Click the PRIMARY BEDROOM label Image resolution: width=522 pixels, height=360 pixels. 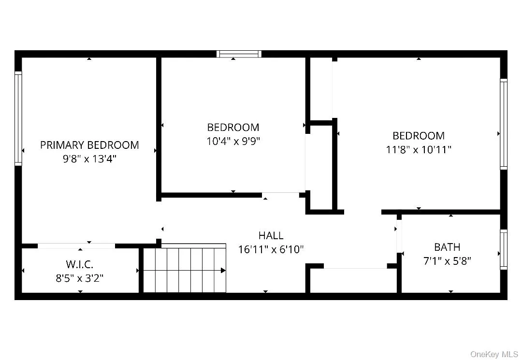tap(89, 145)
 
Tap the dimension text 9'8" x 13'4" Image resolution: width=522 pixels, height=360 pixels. tap(89, 158)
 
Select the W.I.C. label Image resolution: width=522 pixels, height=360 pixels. tap(80, 264)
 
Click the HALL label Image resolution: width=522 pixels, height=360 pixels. tap(271, 236)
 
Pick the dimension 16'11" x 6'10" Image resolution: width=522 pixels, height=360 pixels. tap(271, 249)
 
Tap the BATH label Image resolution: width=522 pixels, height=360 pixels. tap(447, 247)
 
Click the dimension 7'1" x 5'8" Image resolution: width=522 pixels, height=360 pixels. tap(447, 261)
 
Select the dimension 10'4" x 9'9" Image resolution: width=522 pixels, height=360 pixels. tap(233, 141)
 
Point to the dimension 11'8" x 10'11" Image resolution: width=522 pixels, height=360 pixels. tap(419, 149)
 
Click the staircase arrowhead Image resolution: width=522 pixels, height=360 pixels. tap(223, 270)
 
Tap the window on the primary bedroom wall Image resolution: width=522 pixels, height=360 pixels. tap(18, 118)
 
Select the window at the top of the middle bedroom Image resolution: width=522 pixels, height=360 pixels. tap(239, 54)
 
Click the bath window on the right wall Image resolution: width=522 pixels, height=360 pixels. tap(504, 250)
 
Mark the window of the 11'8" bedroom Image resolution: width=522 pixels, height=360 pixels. tap(504, 124)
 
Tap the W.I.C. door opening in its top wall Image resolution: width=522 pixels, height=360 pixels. tap(76, 246)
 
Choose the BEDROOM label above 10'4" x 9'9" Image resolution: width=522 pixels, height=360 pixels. tap(233, 128)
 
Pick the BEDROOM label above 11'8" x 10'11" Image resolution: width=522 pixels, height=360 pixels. tap(419, 136)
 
